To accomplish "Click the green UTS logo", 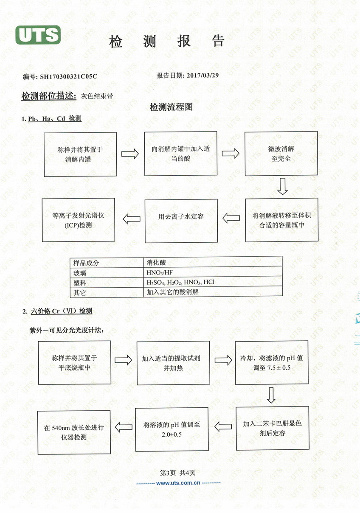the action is coord(38,35).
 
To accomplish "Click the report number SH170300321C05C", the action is coord(68,76).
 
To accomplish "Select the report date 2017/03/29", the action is coord(202,76).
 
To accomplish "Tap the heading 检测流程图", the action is coord(171,107).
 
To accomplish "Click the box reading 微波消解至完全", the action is coord(281,154).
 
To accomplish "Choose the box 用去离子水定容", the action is coord(181,221).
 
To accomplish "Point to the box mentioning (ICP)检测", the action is coord(79,220).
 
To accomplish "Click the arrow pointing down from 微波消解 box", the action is coord(283,186).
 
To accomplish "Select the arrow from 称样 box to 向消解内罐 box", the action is coord(130,154).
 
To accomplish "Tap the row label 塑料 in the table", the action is coord(80,283).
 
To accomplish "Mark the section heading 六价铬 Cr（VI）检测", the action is coord(62,311).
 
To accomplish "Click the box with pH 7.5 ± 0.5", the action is coord(272,363).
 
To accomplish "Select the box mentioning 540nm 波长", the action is coord(74,432).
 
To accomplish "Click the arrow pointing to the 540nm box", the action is coord(124,427).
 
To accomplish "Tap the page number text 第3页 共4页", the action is coord(177,473).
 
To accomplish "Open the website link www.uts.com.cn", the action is coord(178,483).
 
